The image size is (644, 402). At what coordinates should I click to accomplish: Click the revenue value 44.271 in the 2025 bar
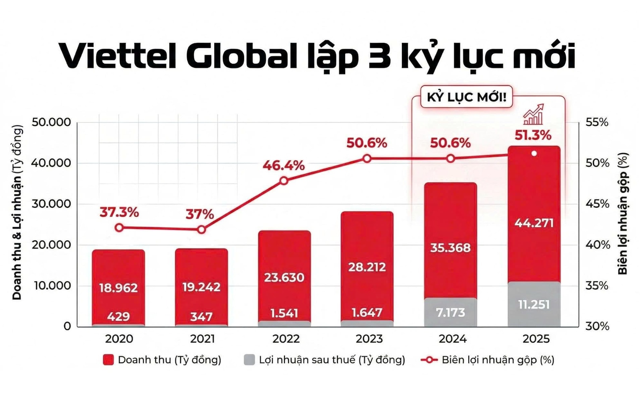coord(534,223)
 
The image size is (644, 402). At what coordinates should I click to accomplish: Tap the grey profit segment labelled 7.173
coord(450,312)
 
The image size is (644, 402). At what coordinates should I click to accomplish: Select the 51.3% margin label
coord(533,135)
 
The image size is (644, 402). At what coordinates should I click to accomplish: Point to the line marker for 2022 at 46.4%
coord(284,181)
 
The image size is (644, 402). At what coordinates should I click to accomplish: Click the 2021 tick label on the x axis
coord(202,339)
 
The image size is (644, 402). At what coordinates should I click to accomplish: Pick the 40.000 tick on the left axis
coord(51,163)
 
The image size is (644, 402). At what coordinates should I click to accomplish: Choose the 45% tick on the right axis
coord(597,204)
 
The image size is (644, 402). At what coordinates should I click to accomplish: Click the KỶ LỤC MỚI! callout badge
coord(466,97)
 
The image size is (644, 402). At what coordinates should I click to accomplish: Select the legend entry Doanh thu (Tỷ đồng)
coord(169,360)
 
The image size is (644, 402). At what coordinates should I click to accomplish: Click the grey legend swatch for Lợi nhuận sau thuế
coord(249,360)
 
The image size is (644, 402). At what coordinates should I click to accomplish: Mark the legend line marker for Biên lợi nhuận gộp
coord(429,360)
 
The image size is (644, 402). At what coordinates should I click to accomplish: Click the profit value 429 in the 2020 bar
coord(118,317)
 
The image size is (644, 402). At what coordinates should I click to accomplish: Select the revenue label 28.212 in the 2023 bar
coord(367,267)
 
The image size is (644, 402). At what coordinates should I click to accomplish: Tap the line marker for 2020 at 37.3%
coord(119,228)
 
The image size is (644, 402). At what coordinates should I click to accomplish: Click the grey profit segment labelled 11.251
coord(534,305)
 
